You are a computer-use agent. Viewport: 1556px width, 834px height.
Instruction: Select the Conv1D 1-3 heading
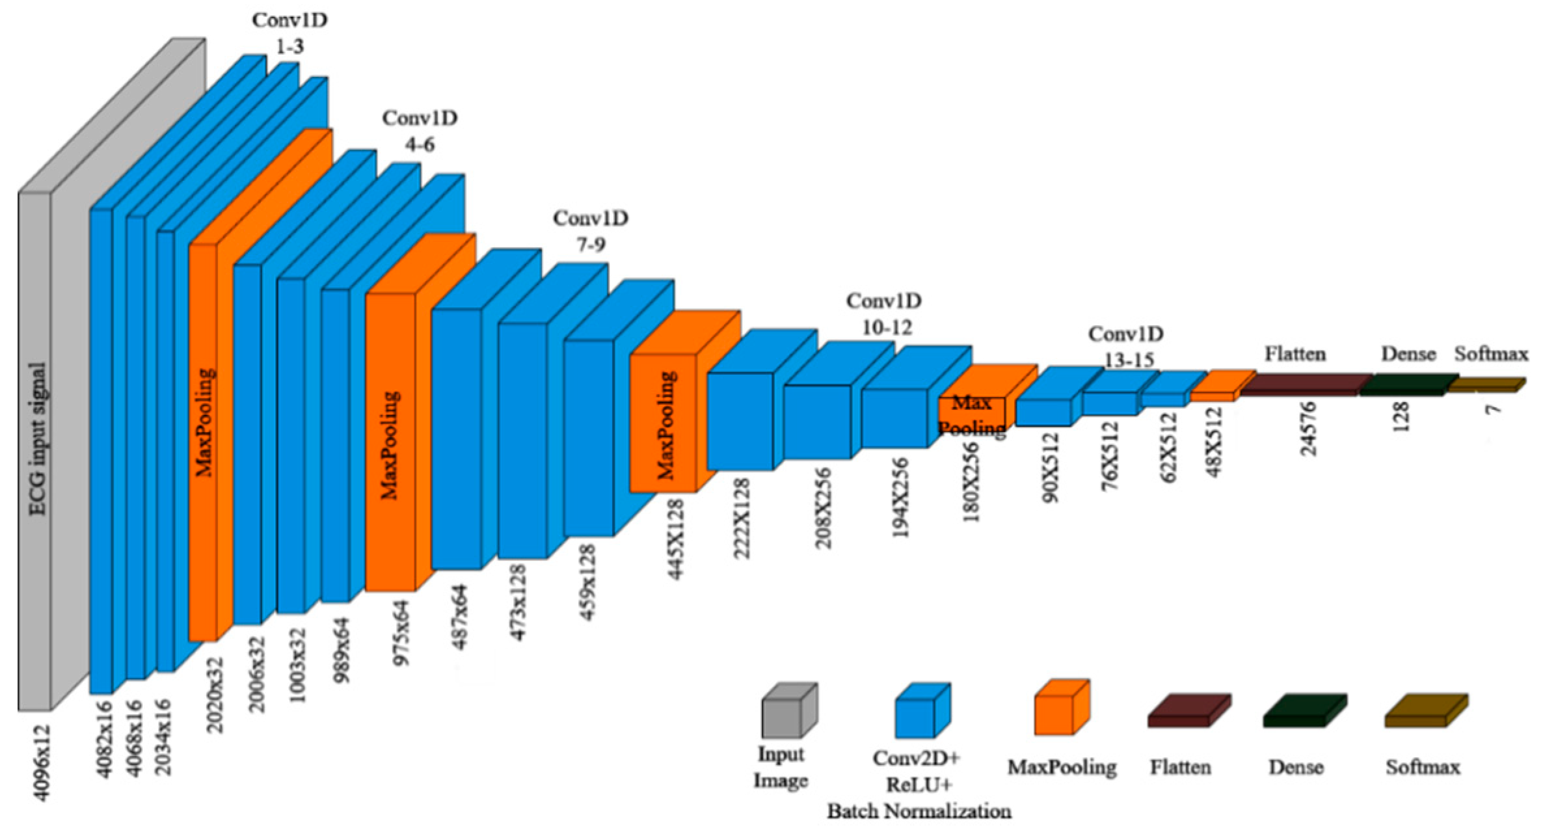tap(289, 33)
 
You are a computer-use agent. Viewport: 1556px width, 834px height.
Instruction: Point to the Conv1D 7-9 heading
tap(591, 231)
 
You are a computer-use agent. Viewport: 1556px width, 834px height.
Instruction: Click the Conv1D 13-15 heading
tap(1126, 347)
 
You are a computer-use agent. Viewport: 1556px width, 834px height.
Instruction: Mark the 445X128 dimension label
tap(677, 539)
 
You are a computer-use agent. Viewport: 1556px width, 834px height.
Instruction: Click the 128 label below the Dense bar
tap(1401, 416)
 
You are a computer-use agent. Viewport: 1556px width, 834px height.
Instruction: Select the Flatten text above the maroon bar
tap(1294, 355)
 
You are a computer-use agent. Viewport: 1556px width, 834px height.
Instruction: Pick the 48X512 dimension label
tap(1214, 442)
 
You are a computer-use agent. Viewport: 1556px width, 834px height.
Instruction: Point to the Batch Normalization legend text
tap(919, 812)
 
